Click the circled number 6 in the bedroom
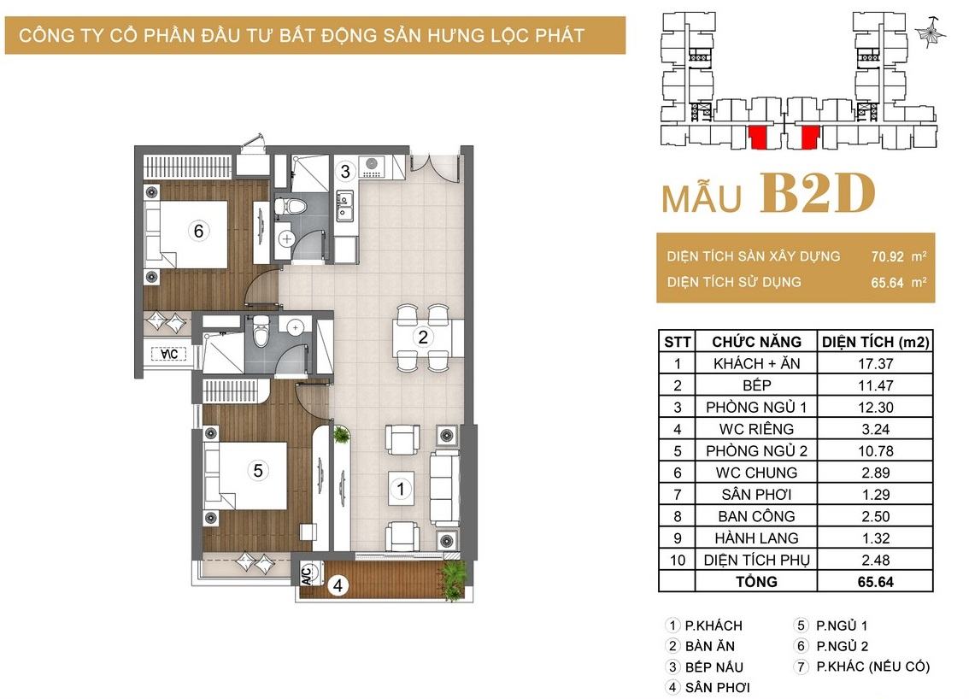pyautogui.click(x=198, y=231)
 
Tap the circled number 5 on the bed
pyautogui.click(x=258, y=471)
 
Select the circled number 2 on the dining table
pyautogui.click(x=423, y=337)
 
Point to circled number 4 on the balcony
pyautogui.click(x=338, y=585)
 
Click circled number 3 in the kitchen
pyautogui.click(x=345, y=171)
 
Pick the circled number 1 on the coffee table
pyautogui.click(x=401, y=489)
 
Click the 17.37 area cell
pyautogui.click(x=875, y=363)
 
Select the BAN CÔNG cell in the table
pyautogui.click(x=756, y=516)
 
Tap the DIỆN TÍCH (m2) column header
pyautogui.click(x=875, y=342)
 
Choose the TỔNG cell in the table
pyautogui.click(x=756, y=582)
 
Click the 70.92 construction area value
pyautogui.click(x=888, y=256)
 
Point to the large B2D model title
pyautogui.click(x=817, y=193)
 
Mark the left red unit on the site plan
pyautogui.click(x=757, y=138)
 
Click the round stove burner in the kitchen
pyautogui.click(x=372, y=164)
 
